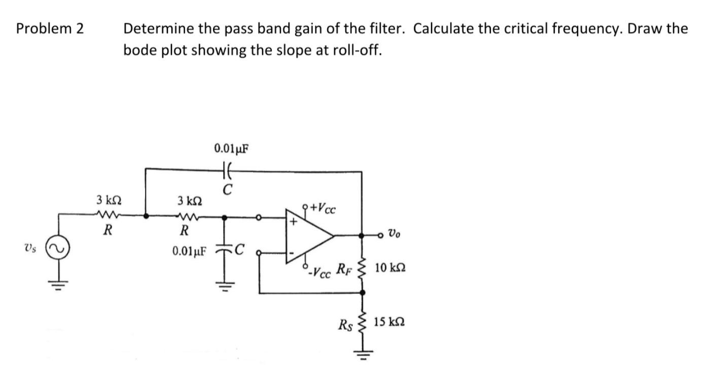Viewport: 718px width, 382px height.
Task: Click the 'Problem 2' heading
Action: pos(50,29)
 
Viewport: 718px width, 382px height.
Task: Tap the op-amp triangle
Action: pos(307,236)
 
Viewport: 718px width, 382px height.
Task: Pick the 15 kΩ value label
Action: pos(390,322)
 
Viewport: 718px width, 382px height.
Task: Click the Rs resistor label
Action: pos(346,322)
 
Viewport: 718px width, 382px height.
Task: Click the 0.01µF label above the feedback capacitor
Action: pos(232,148)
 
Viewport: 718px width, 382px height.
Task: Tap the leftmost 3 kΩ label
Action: pos(107,201)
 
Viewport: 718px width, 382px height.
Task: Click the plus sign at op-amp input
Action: pos(293,221)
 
